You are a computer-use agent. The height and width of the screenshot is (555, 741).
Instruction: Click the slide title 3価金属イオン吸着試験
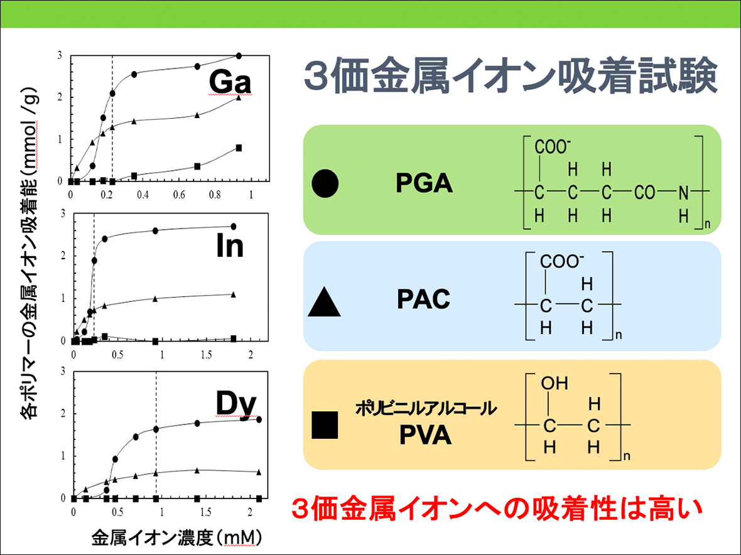(510, 77)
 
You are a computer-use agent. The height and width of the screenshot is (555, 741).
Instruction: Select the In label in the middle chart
(230, 247)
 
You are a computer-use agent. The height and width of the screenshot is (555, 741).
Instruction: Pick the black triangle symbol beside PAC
(325, 302)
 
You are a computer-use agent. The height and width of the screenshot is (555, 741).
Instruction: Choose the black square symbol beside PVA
(325, 425)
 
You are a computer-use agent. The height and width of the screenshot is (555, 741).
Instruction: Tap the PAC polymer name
(424, 300)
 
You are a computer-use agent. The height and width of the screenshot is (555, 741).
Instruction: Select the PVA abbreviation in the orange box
(425, 435)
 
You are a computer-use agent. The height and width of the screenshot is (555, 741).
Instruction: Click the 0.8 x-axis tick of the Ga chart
(215, 195)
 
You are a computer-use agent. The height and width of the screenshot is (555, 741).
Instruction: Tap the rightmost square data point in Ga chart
(239, 148)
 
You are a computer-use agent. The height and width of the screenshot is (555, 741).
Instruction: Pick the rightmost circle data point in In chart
(234, 227)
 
